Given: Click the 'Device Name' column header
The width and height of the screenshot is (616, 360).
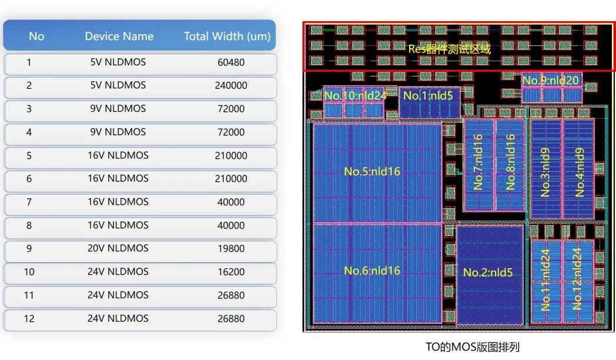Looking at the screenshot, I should click(119, 36).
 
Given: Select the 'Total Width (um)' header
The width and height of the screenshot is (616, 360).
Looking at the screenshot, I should click(227, 36).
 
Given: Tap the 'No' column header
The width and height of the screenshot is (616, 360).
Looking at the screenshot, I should click(36, 36).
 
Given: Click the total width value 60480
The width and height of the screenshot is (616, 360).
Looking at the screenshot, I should click(230, 62).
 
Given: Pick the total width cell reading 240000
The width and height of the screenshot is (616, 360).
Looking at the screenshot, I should click(230, 85).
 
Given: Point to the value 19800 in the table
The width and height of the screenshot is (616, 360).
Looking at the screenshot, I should click(230, 249).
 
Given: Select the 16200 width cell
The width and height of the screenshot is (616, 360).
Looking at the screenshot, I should click(230, 272).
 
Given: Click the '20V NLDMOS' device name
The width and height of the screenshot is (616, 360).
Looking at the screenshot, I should click(118, 249).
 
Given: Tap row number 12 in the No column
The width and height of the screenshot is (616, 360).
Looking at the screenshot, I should click(29, 319).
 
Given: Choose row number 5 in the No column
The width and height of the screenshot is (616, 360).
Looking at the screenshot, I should click(29, 156).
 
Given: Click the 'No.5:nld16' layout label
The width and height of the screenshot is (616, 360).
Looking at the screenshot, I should click(371, 172).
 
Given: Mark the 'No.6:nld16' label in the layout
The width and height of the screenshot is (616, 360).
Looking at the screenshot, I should click(371, 271).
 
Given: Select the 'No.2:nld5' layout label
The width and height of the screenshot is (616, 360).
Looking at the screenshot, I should click(488, 272).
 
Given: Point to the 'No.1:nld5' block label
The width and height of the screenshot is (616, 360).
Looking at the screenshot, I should click(428, 95).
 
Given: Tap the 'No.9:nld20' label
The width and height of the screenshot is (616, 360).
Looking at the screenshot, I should click(550, 81).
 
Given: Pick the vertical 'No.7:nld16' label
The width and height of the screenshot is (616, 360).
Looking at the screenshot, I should click(478, 162).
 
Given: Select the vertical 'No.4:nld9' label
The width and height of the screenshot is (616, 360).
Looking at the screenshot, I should click(580, 172).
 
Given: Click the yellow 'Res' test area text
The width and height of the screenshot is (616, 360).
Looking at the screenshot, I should click(450, 49).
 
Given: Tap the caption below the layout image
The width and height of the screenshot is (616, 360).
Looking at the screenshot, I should click(473, 347).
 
